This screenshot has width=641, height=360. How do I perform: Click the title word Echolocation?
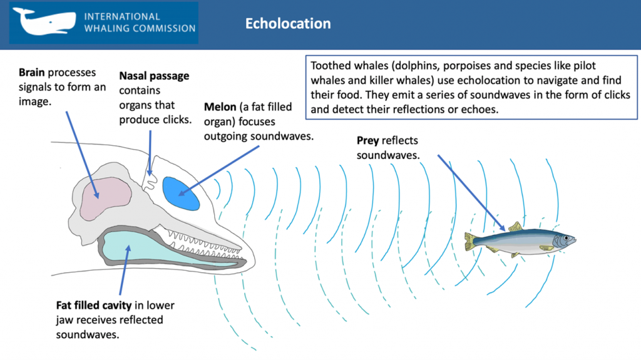click(x=288, y=24)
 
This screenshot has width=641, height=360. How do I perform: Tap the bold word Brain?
click(x=32, y=73)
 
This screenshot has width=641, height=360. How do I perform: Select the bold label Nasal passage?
click(x=154, y=76)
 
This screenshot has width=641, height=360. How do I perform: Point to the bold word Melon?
click(x=220, y=106)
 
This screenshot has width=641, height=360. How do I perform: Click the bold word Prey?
click(x=368, y=140)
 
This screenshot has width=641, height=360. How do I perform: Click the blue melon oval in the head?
click(x=181, y=193)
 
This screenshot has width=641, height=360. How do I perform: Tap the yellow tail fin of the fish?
click(x=470, y=240)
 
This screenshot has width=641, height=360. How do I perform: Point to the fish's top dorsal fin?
click(x=515, y=227)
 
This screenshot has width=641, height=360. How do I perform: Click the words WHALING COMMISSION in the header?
click(x=139, y=28)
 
